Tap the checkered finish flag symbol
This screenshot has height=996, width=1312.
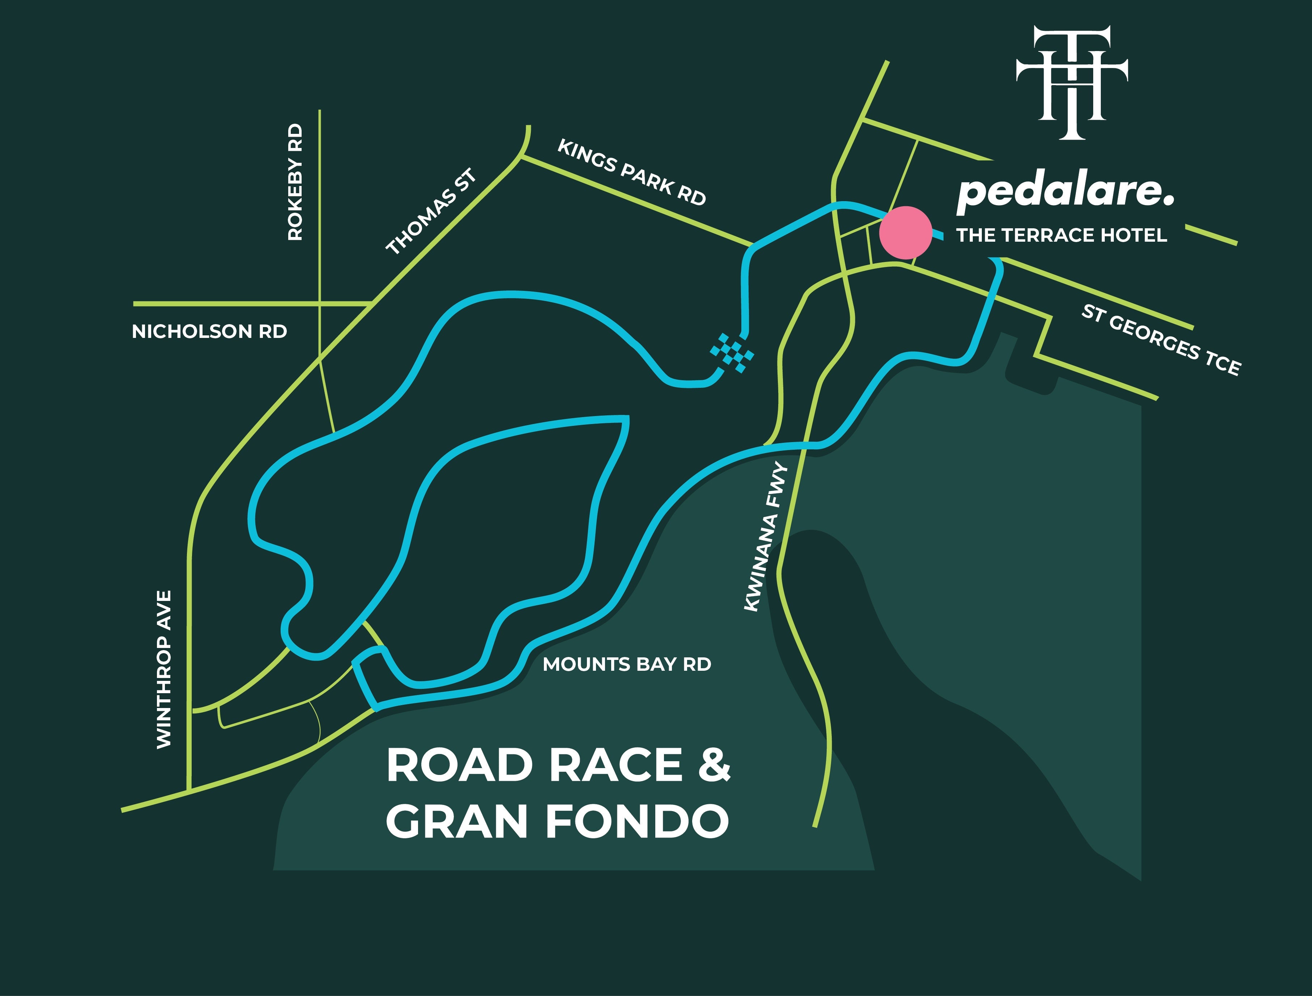[x=733, y=353]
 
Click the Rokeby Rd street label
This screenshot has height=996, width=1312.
[x=295, y=182]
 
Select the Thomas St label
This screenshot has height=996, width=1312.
[x=431, y=212]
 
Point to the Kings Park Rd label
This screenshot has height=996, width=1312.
[x=632, y=172]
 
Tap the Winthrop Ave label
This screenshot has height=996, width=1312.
[x=164, y=669]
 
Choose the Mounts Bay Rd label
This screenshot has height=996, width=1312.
[x=627, y=664]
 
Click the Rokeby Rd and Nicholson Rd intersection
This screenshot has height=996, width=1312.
[x=320, y=304]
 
